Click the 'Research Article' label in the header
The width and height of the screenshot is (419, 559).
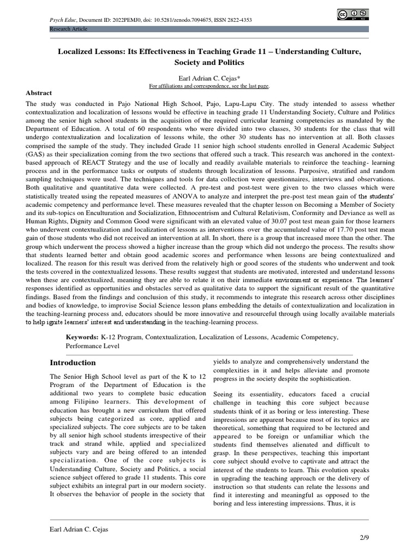click(x=68, y=28)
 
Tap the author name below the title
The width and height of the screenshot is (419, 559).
click(x=209, y=78)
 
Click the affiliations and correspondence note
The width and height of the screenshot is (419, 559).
click(x=209, y=86)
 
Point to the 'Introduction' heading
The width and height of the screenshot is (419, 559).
click(x=73, y=362)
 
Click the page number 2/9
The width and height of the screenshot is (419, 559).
click(x=363, y=538)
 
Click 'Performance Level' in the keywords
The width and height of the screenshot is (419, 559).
click(x=93, y=346)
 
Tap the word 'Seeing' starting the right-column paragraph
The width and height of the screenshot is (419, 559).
click(x=225, y=394)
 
